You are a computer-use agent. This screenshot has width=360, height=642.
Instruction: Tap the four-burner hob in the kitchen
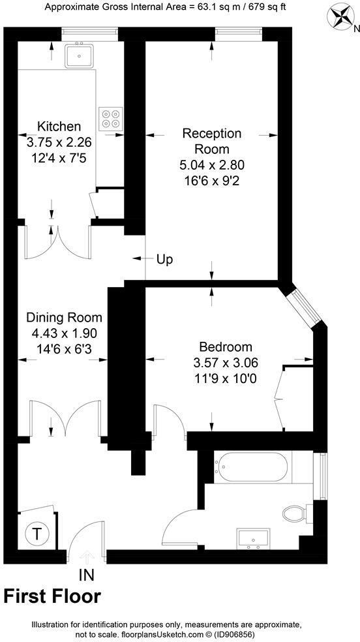tap(109, 117)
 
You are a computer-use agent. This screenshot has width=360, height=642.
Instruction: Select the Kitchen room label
tap(59, 127)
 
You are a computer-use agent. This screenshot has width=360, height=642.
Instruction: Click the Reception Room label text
tap(212, 141)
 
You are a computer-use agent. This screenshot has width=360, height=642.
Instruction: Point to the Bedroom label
tap(226, 346)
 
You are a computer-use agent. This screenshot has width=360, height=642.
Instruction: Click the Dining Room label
tap(64, 318)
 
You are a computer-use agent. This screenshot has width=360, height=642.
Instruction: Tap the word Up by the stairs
tap(165, 259)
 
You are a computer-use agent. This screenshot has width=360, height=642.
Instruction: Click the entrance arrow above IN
tap(87, 557)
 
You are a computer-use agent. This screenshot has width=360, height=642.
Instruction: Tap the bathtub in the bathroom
tap(254, 466)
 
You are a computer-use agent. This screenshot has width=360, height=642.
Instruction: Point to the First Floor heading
tap(52, 596)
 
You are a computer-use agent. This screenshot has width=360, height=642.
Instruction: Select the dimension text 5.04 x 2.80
tap(212, 164)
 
